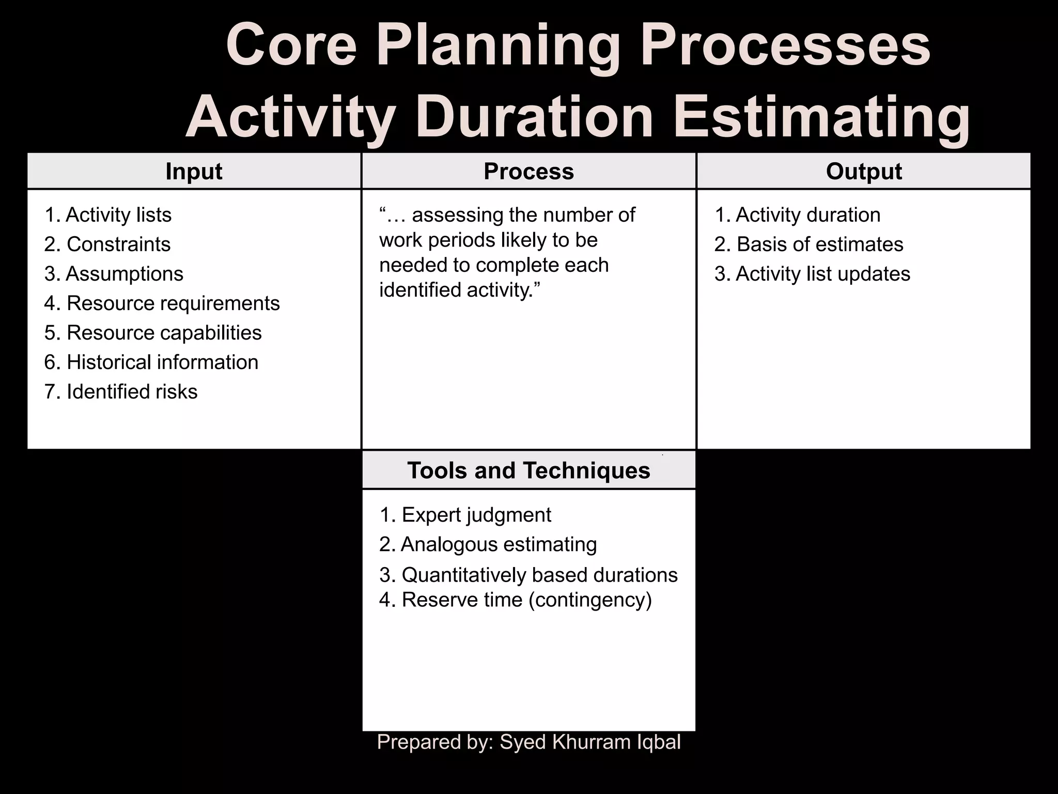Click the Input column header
(x=194, y=171)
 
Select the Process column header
(x=528, y=171)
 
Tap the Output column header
(x=864, y=171)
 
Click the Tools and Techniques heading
(x=528, y=470)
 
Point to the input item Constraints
(x=118, y=245)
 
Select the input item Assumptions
(x=124, y=274)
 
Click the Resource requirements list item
(x=173, y=303)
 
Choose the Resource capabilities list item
(x=164, y=333)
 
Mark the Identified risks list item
(x=132, y=392)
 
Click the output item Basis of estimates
(x=819, y=245)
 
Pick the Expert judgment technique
(x=476, y=515)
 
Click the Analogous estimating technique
(x=499, y=544)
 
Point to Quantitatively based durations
(x=539, y=575)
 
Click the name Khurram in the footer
(x=586, y=742)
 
